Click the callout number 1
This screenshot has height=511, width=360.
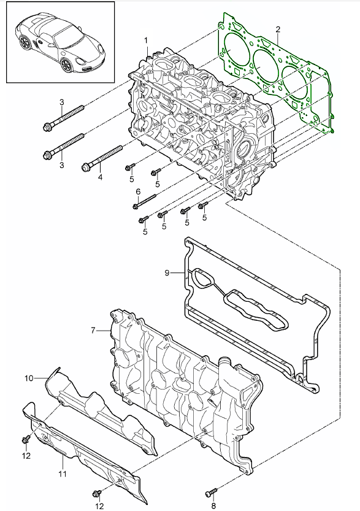click(x=147, y=40)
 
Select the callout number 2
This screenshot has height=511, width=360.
click(x=278, y=29)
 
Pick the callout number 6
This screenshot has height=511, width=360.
click(x=138, y=192)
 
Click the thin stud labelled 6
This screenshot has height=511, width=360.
click(x=145, y=201)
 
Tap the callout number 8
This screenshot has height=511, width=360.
click(x=213, y=506)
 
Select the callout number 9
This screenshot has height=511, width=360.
click(x=166, y=272)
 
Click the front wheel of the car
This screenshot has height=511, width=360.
click(x=26, y=44)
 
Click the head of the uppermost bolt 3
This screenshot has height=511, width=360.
click(x=48, y=128)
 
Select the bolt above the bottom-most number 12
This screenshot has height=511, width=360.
click(x=98, y=493)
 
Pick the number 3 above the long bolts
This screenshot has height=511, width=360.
click(x=62, y=101)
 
